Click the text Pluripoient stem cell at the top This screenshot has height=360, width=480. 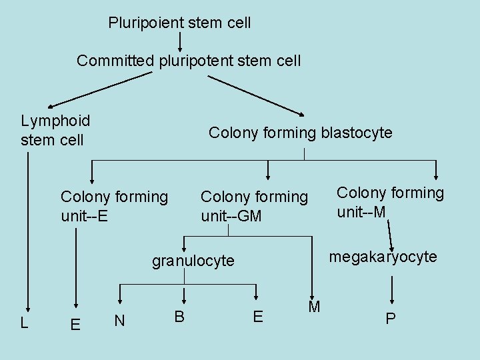pos(179,23)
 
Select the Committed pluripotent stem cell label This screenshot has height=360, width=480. pos(189,61)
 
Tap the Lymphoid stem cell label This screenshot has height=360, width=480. pos(55,130)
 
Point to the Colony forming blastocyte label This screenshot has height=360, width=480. pos(301,133)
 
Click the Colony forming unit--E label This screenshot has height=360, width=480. pos(114,206)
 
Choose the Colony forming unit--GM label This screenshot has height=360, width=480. pos(254,206)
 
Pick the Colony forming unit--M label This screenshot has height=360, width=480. pos(390,202)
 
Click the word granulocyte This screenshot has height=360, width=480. pos(193,261)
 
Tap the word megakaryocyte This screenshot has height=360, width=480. pos(383,257)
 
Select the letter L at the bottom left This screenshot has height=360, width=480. pos(24,323)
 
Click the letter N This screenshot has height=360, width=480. pos(119,321)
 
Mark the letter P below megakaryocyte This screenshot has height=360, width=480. pos(391,319)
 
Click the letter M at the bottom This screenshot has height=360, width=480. pos(314,307)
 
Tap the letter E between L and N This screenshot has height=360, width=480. pos(75,324)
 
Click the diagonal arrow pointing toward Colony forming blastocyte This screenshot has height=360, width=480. pos(257,95)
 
